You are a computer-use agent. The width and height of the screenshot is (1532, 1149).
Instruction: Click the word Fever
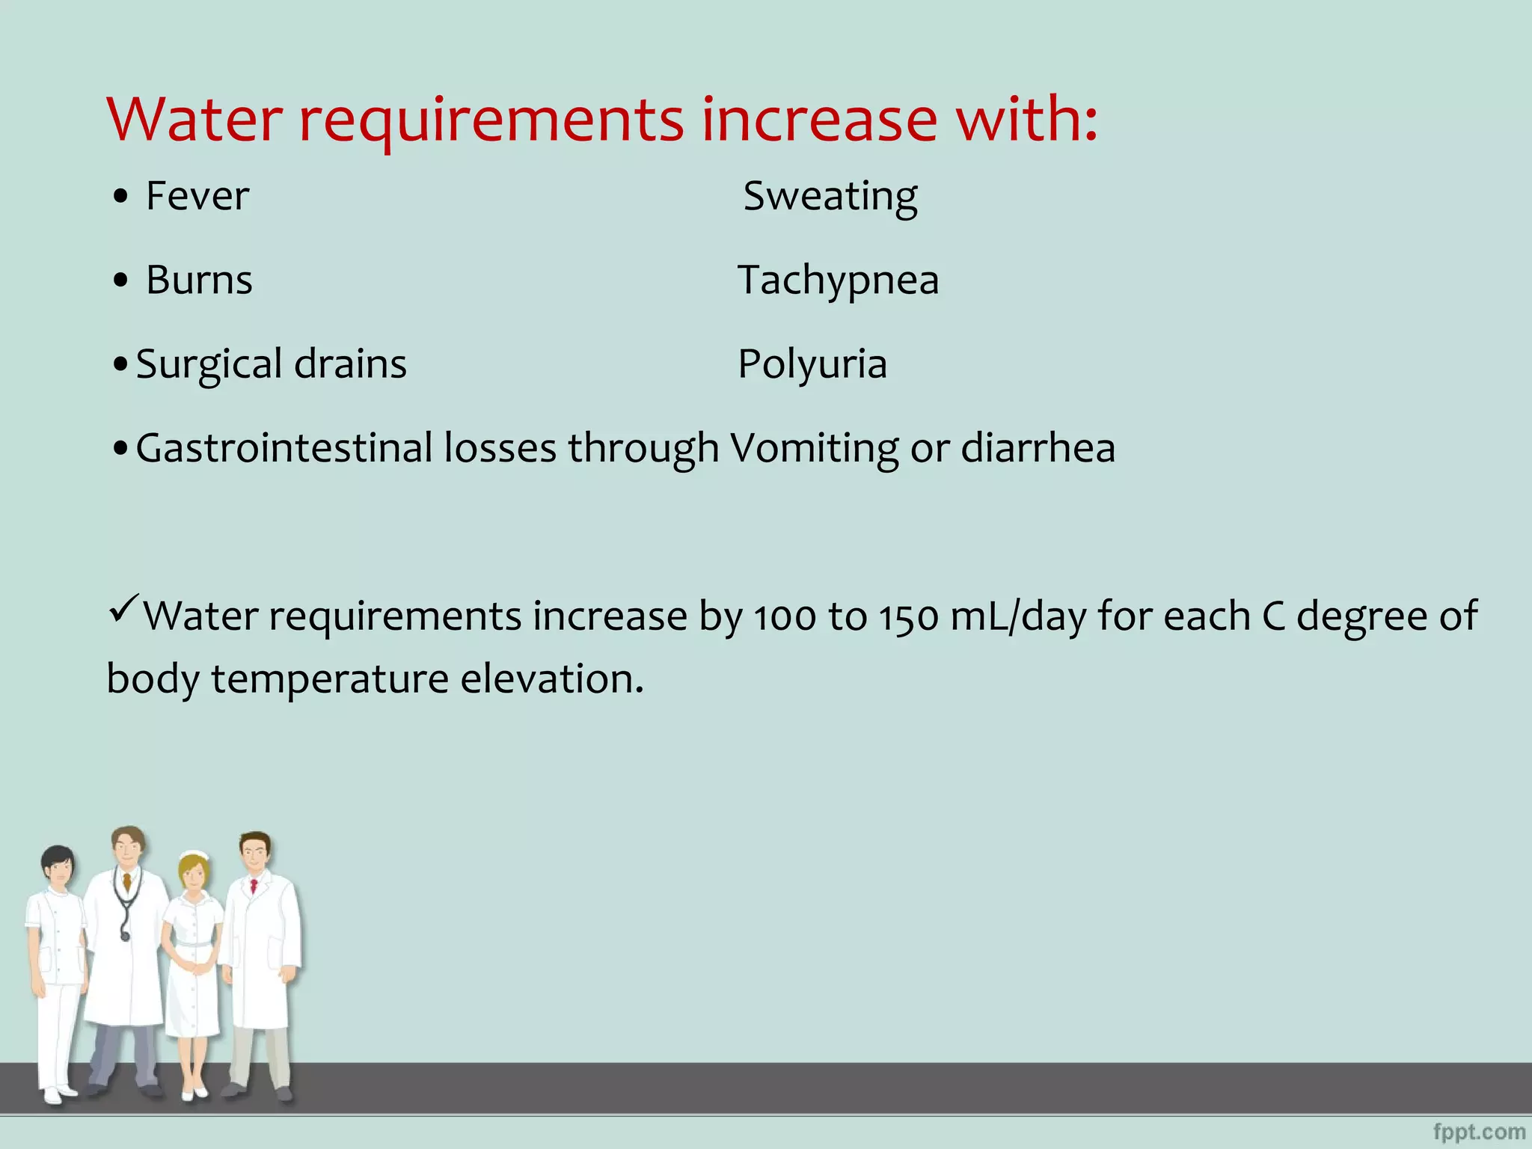(x=197, y=196)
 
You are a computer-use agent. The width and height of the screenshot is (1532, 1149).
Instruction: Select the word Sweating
(x=830, y=197)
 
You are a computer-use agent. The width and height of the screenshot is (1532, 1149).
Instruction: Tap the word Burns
(x=199, y=280)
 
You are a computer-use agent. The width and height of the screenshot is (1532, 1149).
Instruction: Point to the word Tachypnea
(x=838, y=281)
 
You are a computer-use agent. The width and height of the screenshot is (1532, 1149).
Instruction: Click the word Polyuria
(x=812, y=364)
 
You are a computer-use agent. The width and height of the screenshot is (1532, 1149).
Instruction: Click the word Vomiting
(x=814, y=449)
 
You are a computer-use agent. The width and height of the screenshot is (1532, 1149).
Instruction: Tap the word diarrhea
(x=1038, y=448)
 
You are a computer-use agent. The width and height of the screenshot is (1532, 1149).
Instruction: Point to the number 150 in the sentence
(x=908, y=617)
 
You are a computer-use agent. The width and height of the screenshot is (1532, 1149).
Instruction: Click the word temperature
(x=330, y=679)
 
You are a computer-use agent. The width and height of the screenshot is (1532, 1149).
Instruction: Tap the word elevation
(x=551, y=679)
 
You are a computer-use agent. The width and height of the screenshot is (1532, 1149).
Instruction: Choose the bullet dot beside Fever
(x=121, y=197)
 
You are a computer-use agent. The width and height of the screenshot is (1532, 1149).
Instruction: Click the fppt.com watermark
(x=1479, y=1132)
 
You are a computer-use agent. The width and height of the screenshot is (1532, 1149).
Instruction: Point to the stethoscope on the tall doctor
(x=124, y=909)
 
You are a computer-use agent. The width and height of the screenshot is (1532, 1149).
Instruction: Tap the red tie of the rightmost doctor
(x=254, y=887)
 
